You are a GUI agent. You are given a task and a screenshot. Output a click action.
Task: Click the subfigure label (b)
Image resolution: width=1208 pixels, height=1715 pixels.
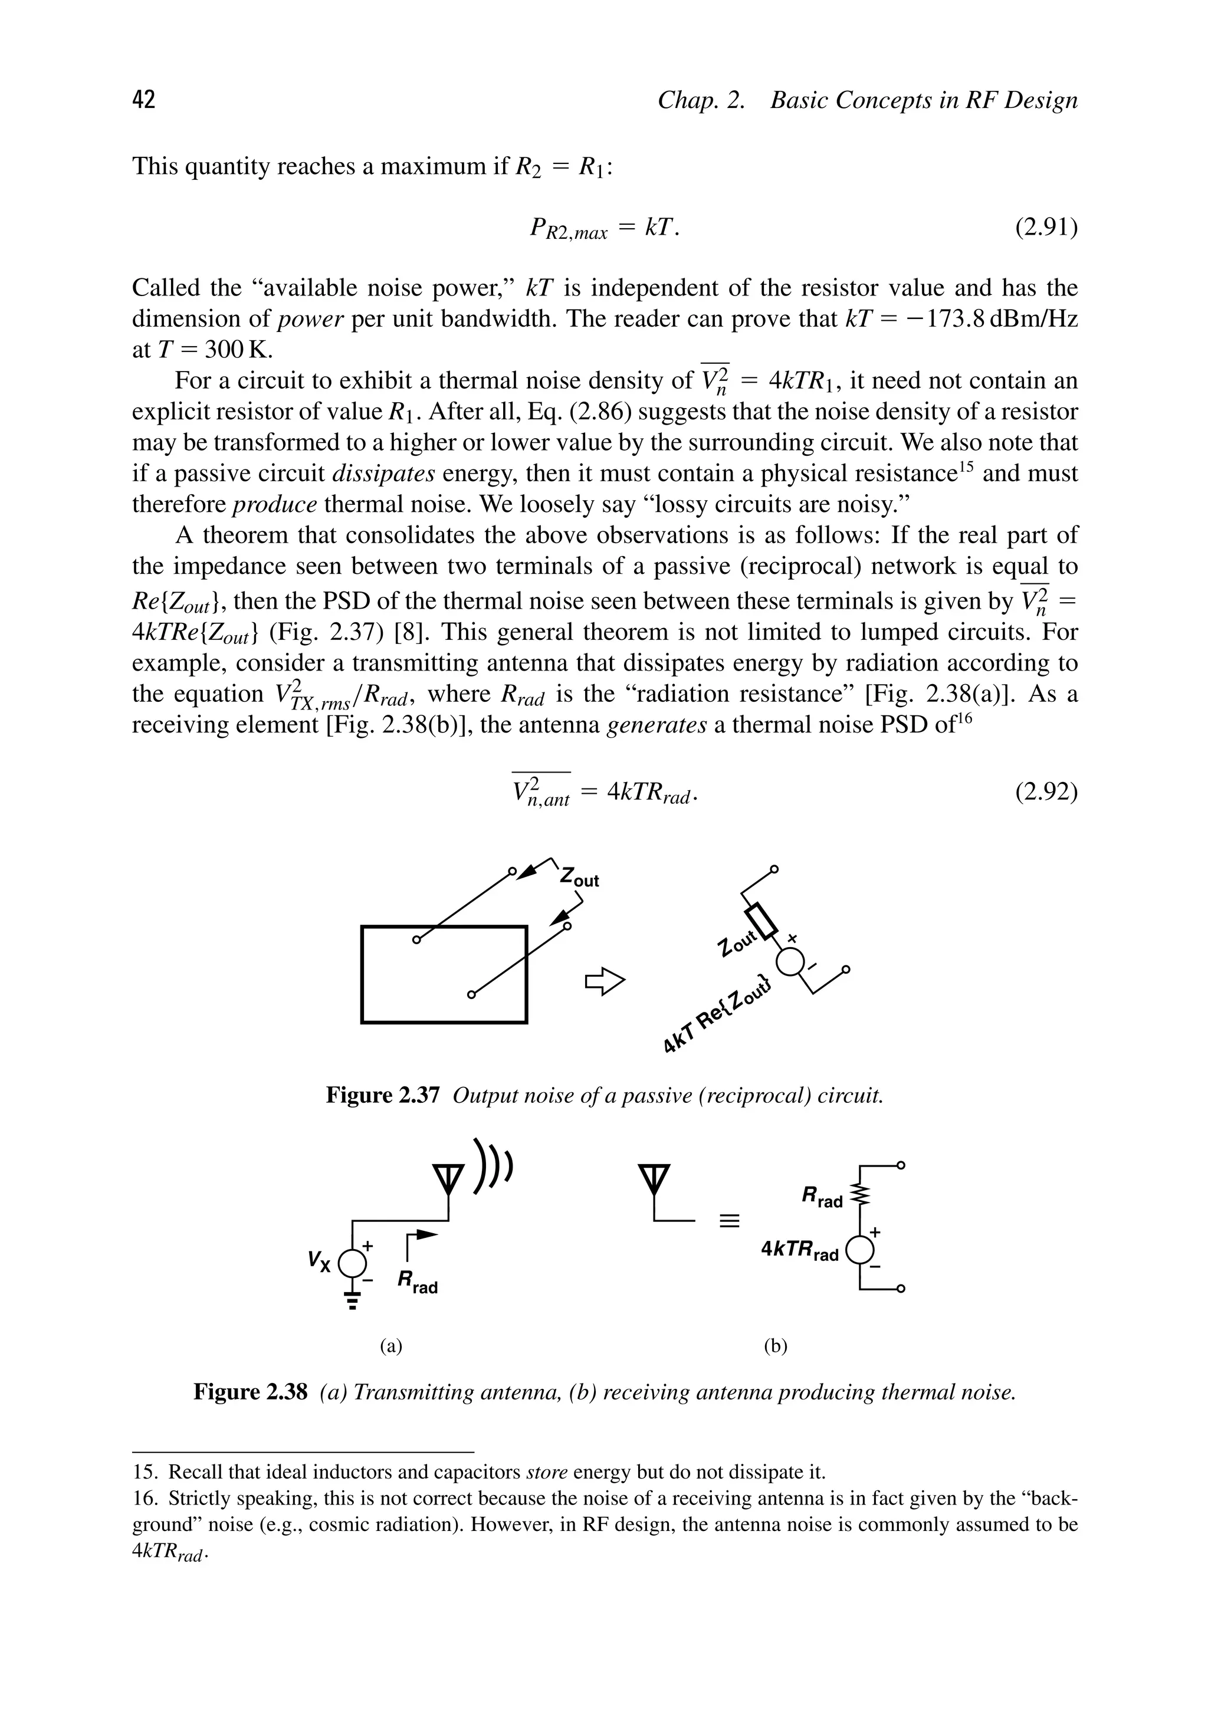coord(776,1346)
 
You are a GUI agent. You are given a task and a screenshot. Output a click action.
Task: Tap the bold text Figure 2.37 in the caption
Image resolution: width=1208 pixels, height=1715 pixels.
coord(382,1096)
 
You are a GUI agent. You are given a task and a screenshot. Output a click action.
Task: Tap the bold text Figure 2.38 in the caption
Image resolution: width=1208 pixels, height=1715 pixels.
coord(250,1392)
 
